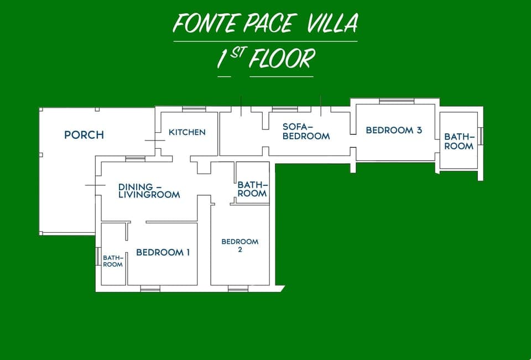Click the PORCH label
click(84, 135)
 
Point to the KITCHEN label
click(187, 132)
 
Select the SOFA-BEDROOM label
click(306, 131)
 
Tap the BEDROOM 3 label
click(394, 131)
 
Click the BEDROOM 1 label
click(163, 253)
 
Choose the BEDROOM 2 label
click(240, 246)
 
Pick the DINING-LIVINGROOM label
click(149, 191)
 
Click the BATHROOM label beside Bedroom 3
click(459, 141)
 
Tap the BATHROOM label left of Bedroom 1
click(113, 261)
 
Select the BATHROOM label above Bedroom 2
click(252, 189)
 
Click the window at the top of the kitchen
click(194, 109)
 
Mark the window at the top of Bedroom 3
click(396, 100)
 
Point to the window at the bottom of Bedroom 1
click(150, 288)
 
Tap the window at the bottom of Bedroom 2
click(238, 288)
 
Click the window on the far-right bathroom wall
click(481, 136)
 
